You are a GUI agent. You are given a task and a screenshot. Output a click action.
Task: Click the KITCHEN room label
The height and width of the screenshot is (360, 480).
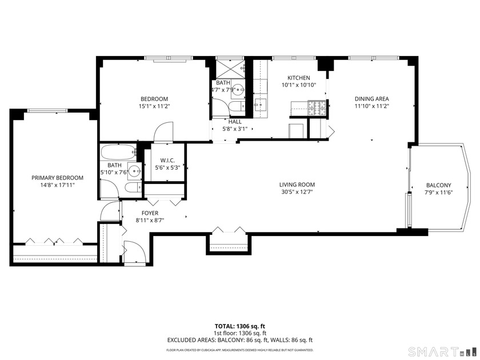tap(298, 78)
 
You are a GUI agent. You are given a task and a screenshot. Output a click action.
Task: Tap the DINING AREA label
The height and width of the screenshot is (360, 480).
tap(371, 98)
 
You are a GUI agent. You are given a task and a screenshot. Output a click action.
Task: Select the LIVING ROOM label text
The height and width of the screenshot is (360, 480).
tap(297, 185)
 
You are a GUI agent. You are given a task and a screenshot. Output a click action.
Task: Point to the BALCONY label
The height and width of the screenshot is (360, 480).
tap(438, 185)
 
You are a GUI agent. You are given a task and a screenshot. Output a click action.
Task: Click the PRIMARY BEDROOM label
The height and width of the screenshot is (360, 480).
tap(57, 178)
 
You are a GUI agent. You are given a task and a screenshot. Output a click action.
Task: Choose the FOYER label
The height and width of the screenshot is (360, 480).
tap(150, 213)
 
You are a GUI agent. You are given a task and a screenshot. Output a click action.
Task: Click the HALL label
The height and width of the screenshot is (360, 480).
tap(235, 122)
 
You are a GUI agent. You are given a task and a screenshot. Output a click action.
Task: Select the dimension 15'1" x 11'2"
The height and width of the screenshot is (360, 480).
tap(154, 106)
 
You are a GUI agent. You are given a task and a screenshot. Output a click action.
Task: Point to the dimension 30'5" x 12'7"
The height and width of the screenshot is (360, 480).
tap(297, 192)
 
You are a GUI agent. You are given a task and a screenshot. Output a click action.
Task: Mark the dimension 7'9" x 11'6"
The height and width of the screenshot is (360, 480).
tap(438, 193)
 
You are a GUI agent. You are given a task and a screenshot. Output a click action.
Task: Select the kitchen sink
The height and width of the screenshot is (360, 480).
tap(260, 104)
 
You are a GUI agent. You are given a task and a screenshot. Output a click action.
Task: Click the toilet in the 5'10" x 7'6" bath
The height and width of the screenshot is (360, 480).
tap(131, 189)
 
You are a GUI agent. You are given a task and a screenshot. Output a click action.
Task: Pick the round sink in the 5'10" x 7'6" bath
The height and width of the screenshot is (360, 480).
tap(134, 170)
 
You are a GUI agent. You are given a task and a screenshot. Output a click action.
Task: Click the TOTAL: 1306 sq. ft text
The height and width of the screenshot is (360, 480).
tap(239, 326)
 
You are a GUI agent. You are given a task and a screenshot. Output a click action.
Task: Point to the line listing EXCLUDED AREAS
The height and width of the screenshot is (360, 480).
tap(239, 340)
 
